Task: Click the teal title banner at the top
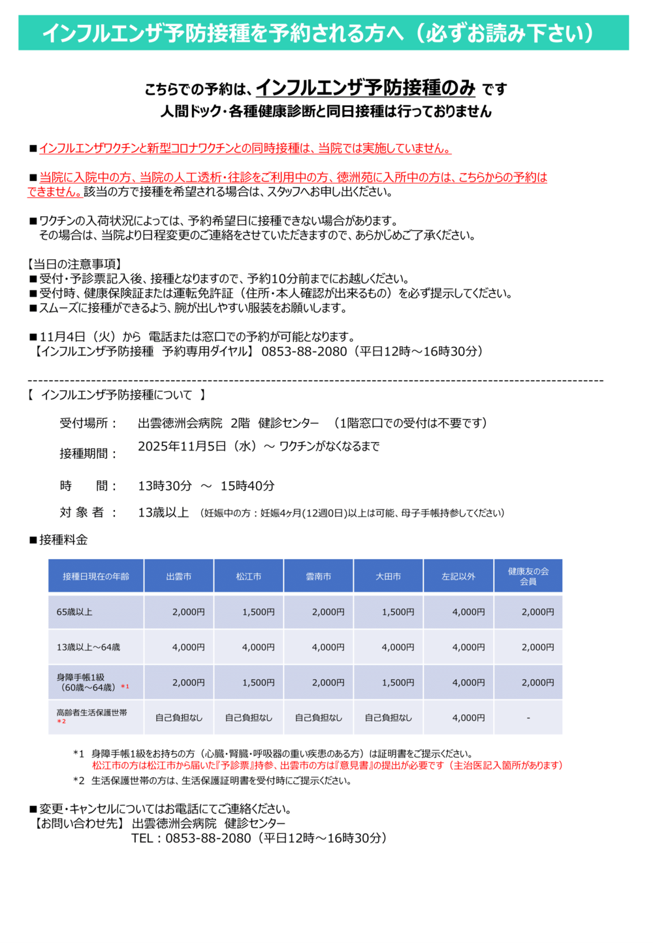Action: coord(323,33)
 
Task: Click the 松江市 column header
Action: coord(249,576)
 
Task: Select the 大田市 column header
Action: coord(389,576)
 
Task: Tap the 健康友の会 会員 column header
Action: coord(528,576)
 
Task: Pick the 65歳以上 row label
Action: coord(74,612)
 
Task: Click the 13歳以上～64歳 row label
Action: coord(88,647)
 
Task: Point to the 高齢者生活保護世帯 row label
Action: coord(91,713)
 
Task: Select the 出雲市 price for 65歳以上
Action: coord(189,612)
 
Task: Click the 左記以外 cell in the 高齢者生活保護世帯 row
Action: coord(468,718)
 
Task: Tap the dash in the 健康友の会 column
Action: coord(528,718)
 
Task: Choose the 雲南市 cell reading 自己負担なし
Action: coord(319,718)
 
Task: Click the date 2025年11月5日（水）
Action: coord(197,447)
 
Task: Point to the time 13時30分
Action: coord(165,486)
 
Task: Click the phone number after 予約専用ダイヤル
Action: coord(304,351)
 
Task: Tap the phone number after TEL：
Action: coord(208,838)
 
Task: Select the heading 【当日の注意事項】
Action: coord(74,264)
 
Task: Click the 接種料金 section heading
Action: coord(63,539)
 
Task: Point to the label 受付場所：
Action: coord(89,423)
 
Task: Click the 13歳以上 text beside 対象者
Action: coord(163,513)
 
